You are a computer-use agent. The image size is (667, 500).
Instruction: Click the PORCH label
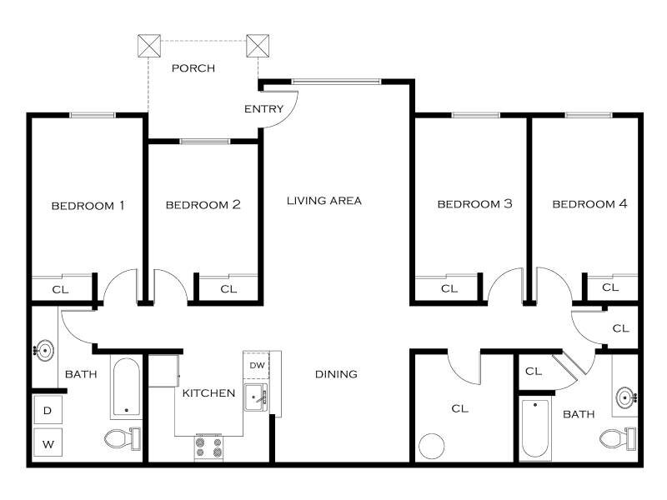193,68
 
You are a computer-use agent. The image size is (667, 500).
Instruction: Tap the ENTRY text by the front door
263,109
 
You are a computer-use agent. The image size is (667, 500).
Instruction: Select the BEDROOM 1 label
88,206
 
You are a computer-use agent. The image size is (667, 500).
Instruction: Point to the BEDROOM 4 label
589,204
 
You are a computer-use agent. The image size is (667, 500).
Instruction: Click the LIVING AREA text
324,201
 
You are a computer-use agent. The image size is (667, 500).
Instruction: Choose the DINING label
336,374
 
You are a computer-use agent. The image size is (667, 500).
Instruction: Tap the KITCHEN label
208,393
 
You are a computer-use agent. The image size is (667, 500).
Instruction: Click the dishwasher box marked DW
257,365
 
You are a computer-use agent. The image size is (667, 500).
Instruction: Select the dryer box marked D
48,410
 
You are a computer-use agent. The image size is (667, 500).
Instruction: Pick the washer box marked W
48,443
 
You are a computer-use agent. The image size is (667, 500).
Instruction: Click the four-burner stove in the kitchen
208,447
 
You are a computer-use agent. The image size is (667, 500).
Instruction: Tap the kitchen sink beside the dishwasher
256,397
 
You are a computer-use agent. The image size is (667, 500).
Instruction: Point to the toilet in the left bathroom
123,438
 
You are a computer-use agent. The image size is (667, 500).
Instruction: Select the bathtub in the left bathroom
127,387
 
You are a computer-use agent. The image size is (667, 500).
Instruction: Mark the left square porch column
149,46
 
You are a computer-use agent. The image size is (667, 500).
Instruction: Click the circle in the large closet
432,446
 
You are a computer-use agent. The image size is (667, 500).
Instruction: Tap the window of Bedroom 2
205,141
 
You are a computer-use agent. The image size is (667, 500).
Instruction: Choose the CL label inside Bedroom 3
449,289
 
